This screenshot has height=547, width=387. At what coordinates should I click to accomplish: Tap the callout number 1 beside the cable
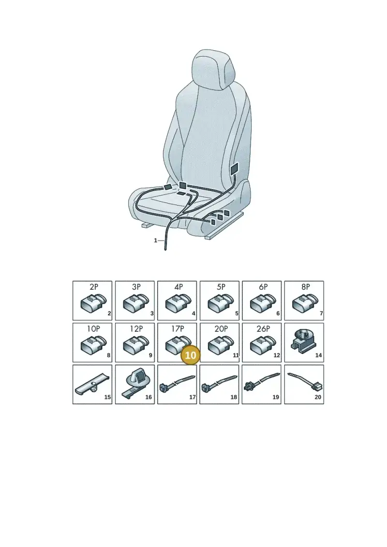156,240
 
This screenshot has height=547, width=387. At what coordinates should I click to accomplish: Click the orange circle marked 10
191,355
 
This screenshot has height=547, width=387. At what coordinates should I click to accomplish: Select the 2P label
94,287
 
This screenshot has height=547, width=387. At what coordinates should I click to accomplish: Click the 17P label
178,328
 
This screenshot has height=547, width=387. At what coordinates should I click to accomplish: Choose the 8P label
306,287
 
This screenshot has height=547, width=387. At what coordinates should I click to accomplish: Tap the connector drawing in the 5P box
221,302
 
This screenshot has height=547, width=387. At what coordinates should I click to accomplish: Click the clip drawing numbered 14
303,340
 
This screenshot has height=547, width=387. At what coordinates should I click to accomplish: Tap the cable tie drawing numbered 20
305,381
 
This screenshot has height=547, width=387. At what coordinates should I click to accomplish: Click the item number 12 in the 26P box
277,355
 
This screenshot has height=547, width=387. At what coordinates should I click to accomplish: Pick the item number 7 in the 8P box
321,313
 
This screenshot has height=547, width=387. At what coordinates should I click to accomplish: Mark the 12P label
136,328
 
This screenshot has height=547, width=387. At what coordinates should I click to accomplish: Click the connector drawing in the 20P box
221,344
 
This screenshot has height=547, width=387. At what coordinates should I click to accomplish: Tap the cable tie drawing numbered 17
177,383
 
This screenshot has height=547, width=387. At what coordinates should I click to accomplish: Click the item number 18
234,397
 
